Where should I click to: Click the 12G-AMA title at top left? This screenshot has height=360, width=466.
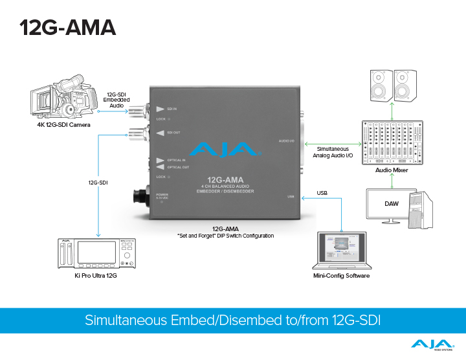[x=67, y=27]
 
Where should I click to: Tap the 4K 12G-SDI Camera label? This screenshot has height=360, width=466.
[x=63, y=124]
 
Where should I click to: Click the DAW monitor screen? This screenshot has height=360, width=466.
[x=390, y=205]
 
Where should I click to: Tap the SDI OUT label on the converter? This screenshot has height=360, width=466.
[x=174, y=133]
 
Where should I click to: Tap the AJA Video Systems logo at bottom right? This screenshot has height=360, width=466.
[x=432, y=346]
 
